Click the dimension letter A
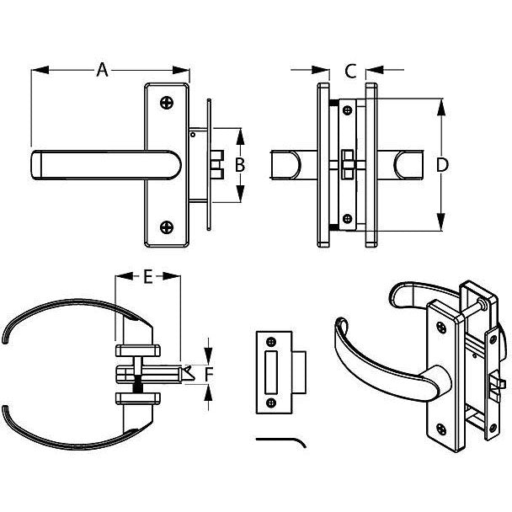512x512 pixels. pyautogui.click(x=103, y=70)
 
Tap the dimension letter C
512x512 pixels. pyautogui.click(x=351, y=70)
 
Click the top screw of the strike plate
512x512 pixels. pyautogui.click(x=272, y=342)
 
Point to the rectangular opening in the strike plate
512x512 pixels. pyautogui.click(x=271, y=373)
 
